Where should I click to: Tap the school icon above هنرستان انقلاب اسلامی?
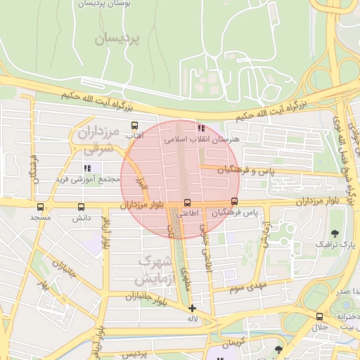[x=202, y=128]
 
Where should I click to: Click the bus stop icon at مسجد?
[x=40, y=207]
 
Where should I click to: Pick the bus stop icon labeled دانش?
[x=82, y=207]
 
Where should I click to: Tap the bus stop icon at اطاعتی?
[x=187, y=202]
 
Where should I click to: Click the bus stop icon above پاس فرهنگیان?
[x=235, y=201]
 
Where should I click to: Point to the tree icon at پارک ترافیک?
[x=333, y=233]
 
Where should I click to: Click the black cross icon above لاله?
[x=192, y=308]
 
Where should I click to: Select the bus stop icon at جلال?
[x=320, y=316]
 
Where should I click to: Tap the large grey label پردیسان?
[x=117, y=39]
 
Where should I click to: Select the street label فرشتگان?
[x=33, y=169]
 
